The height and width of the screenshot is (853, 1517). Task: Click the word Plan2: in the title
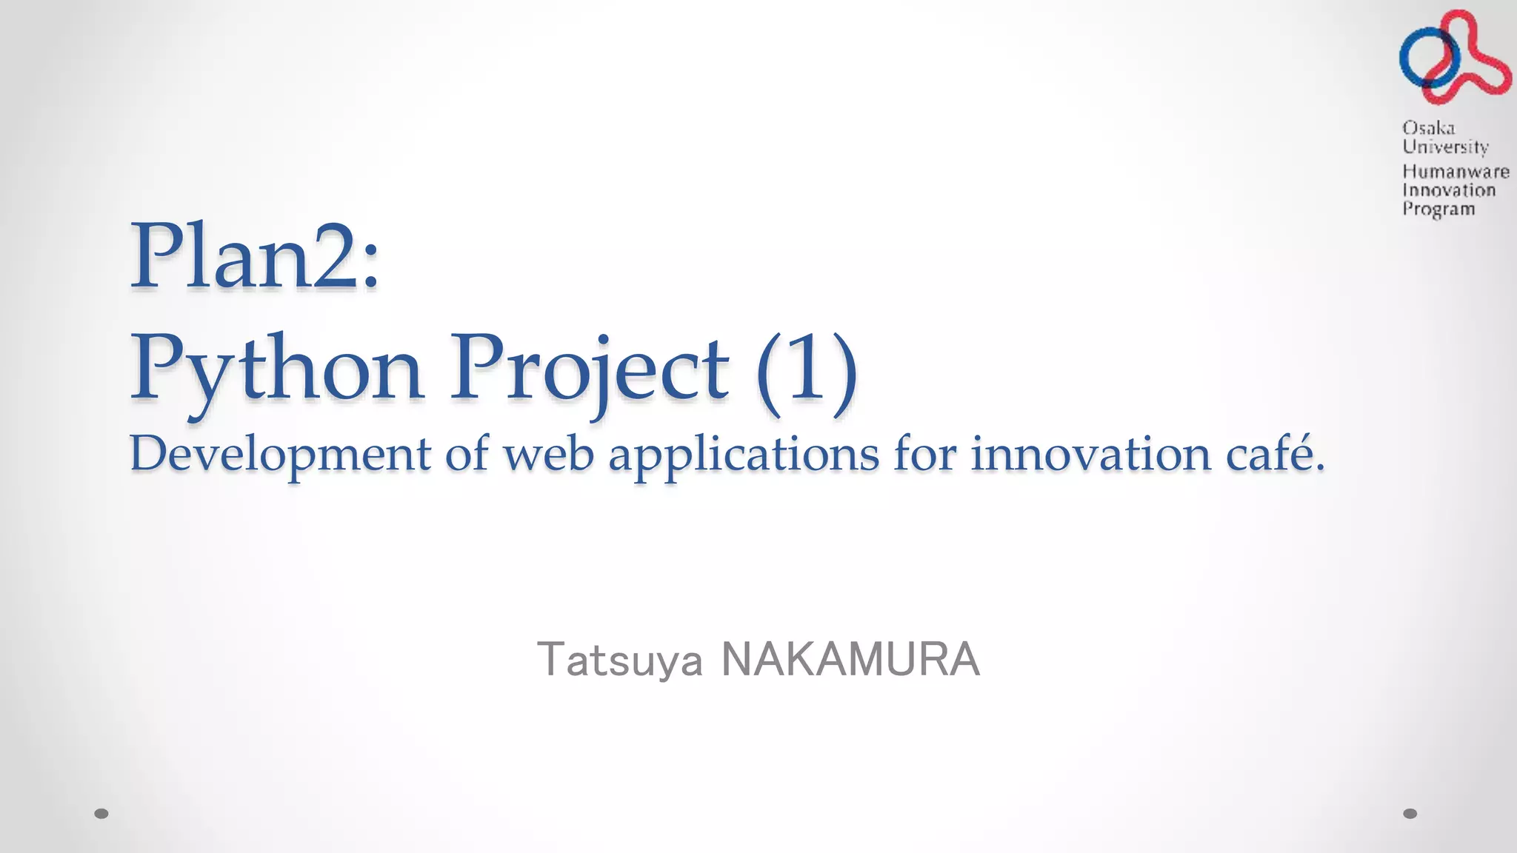[x=256, y=257]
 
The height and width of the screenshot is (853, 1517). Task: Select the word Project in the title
[x=590, y=368]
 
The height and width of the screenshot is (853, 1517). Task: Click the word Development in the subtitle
[x=280, y=454]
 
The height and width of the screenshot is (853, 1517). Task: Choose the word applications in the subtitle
[x=744, y=454]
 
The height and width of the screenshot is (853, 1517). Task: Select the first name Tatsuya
[x=619, y=660]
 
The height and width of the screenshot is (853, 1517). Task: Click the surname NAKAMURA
[x=850, y=659]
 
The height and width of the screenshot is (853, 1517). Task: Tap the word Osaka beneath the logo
[x=1428, y=127]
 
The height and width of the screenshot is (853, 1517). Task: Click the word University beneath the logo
[x=1444, y=147]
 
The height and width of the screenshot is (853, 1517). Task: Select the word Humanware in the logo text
[x=1456, y=172]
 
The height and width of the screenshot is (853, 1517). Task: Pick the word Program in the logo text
[x=1438, y=209]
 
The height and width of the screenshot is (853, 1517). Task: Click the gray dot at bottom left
[x=102, y=814]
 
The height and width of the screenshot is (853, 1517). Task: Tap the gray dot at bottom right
[x=1410, y=814]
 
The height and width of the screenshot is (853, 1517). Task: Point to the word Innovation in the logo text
[x=1449, y=190]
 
